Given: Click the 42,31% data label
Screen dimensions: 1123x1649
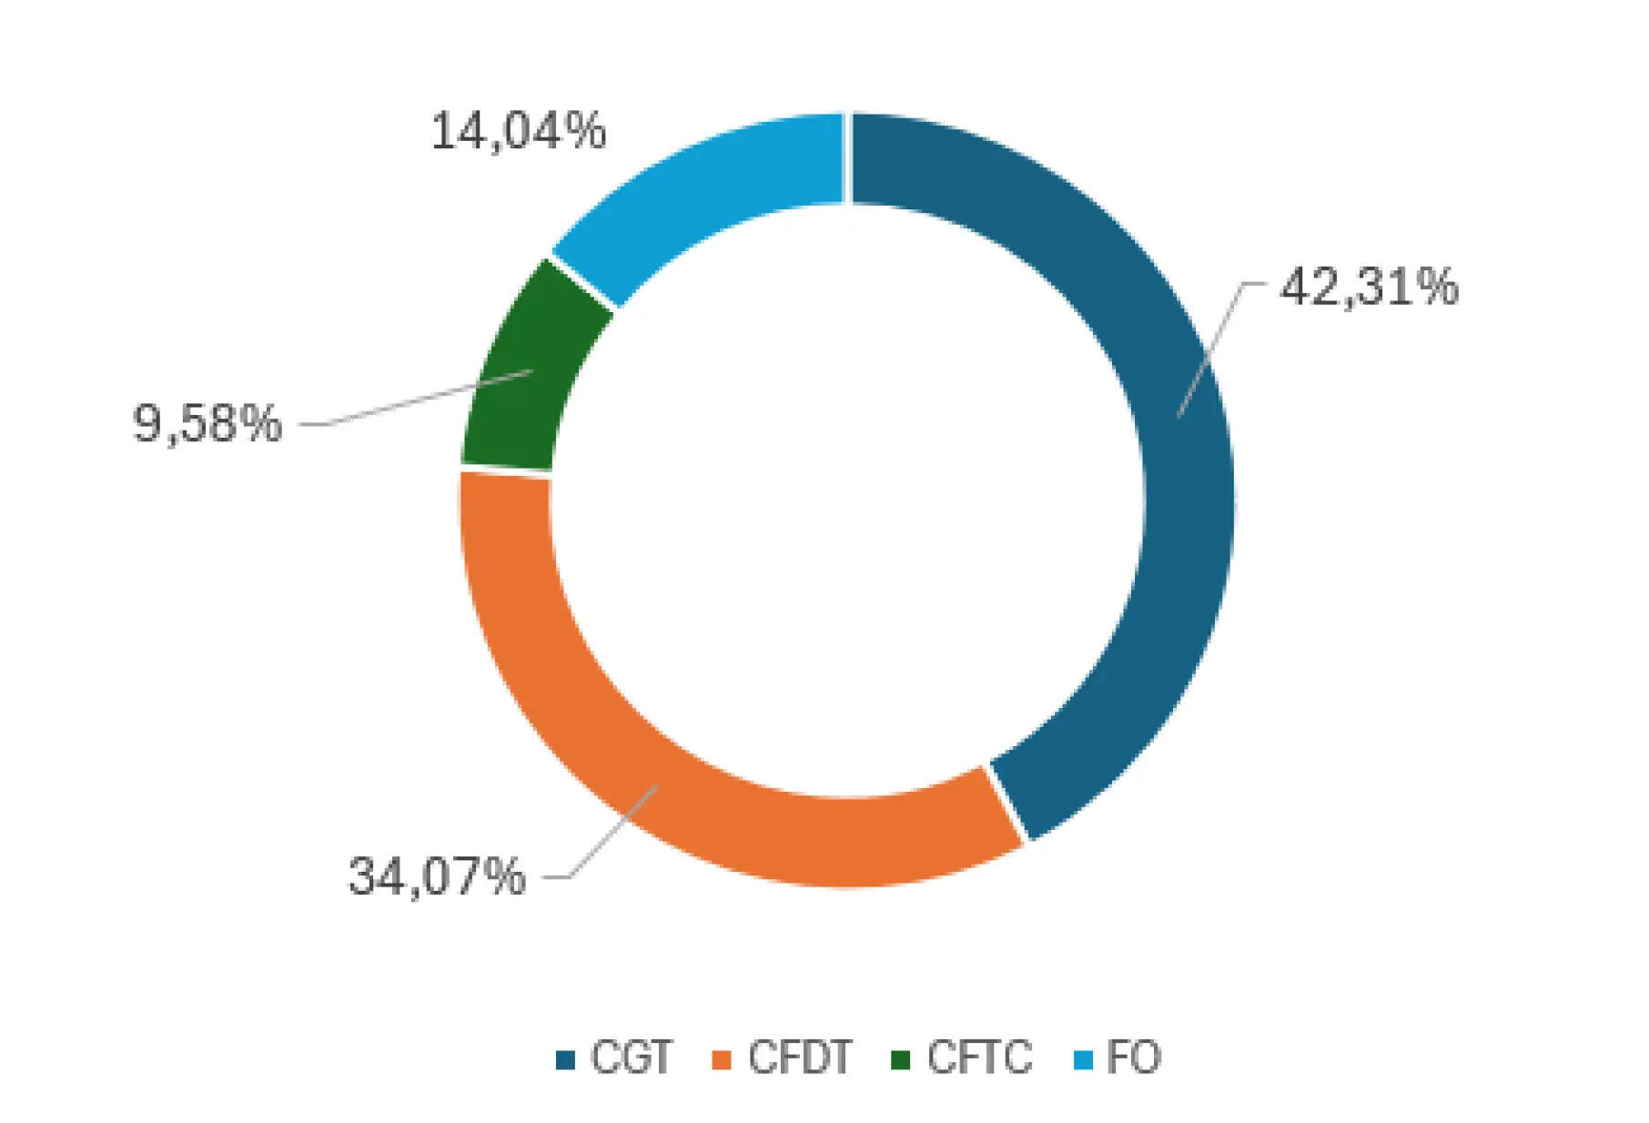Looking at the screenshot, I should (1368, 288).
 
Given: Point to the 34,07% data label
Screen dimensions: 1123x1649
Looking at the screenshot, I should (437, 877).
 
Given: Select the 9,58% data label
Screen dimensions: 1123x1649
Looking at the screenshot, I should (207, 424).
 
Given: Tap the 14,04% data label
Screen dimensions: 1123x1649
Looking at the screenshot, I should (518, 131).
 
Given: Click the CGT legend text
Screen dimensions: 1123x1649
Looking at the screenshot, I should (631, 1057).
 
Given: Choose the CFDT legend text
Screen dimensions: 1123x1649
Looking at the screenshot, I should (799, 1057).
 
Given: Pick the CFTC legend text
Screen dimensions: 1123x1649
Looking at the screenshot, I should (979, 1057).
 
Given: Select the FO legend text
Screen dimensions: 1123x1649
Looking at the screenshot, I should (1133, 1057).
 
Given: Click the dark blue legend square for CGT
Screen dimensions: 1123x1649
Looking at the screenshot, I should (565, 1060).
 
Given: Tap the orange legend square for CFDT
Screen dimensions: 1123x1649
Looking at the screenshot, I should (722, 1060).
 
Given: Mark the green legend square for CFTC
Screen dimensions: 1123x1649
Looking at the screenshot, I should (900, 1060).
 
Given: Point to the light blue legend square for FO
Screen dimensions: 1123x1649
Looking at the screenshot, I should (1083, 1060).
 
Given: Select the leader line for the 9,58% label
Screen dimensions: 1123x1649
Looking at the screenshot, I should (419, 399).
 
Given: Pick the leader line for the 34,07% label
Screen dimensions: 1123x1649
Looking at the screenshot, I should (610, 833).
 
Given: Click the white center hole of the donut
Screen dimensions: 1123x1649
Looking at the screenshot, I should (846, 501).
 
